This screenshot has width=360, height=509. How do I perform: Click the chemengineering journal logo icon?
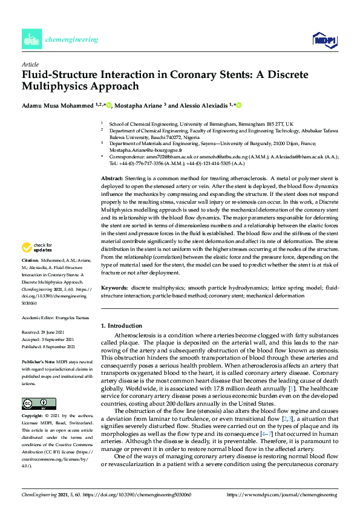tap(31, 39)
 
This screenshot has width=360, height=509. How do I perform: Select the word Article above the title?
tap(30, 63)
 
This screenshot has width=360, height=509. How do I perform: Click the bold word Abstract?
tap(111, 180)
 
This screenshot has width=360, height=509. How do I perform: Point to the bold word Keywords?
tap(114, 288)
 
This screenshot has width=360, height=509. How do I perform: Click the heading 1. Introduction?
tap(121, 326)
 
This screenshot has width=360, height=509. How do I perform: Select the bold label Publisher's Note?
tap(39, 360)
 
